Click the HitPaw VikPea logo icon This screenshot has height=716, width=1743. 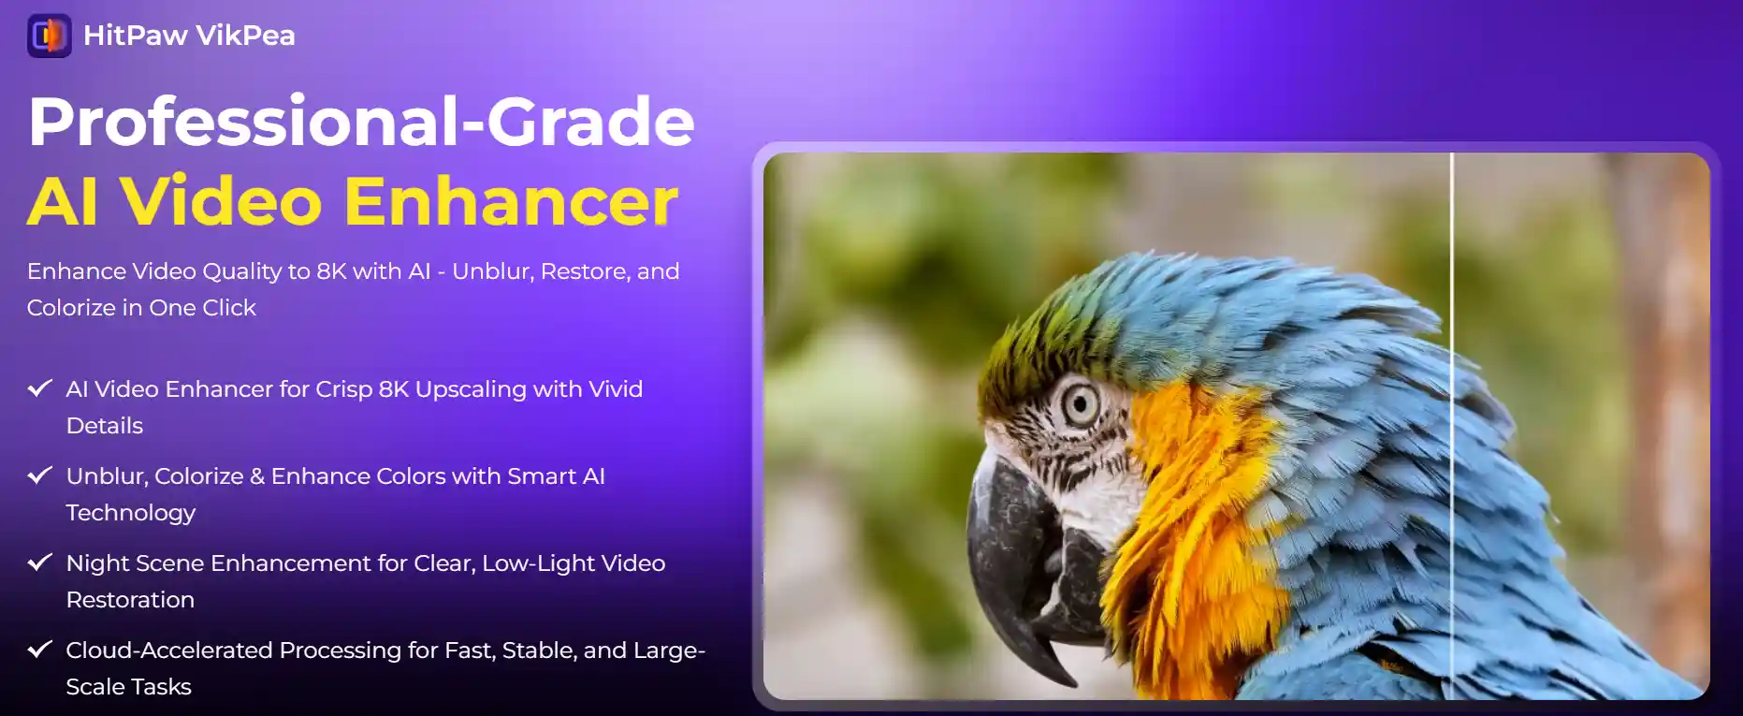coord(50,36)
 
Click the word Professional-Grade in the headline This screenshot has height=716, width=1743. coord(361,123)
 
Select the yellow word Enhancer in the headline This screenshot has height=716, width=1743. coord(511,202)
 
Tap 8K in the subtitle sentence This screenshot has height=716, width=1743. coord(331,271)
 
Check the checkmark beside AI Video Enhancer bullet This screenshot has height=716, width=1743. coord(39,388)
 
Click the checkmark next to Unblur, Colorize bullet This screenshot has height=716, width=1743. coord(39,475)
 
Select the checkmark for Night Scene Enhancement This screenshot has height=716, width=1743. coord(39,563)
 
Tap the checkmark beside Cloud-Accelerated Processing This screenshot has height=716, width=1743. coord(39,650)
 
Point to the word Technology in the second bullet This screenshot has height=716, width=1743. coord(131,513)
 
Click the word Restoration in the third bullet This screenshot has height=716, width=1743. coord(130,600)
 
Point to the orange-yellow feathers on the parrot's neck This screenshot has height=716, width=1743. coord(1188,524)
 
